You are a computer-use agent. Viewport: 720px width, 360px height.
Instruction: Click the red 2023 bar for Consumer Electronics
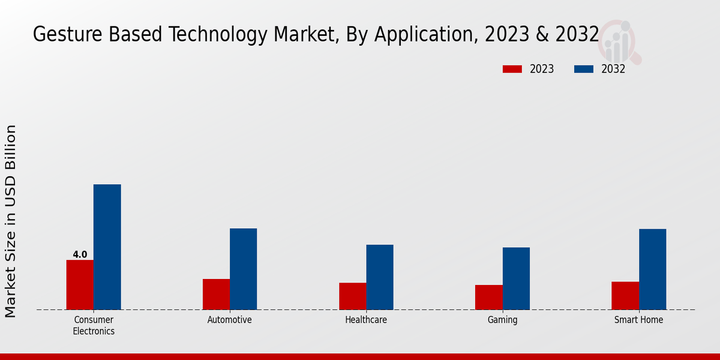point(80,285)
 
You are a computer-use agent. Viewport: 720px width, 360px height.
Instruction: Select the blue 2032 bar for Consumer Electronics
point(107,247)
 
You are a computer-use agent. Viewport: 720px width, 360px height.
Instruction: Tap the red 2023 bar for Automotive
point(216,295)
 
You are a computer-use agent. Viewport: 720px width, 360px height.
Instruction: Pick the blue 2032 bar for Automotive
point(243,269)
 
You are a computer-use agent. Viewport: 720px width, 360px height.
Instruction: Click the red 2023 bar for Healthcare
point(352,296)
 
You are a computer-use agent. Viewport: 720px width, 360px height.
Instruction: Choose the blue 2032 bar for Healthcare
point(380,277)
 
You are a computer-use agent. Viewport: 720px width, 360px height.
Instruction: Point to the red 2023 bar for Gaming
point(488,298)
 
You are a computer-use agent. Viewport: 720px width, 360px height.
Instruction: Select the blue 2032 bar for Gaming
point(516,278)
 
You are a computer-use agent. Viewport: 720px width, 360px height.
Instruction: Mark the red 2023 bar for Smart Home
point(625,296)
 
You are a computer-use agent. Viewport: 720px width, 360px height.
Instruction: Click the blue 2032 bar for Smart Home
point(652,269)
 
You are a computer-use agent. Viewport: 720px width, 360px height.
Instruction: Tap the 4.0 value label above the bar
point(80,254)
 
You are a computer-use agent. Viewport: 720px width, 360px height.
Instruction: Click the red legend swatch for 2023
point(512,69)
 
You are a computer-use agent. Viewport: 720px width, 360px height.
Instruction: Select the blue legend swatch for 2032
point(584,69)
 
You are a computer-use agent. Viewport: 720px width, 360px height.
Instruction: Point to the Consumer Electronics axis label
point(94,325)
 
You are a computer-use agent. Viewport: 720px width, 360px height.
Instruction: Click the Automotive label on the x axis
point(230,320)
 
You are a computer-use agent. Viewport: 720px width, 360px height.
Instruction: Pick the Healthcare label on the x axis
point(366,320)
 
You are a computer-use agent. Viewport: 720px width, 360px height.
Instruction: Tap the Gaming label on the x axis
point(502,320)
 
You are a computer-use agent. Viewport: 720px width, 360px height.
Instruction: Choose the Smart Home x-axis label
point(638,320)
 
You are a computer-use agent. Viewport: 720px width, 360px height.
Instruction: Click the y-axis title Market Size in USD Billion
point(11,221)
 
